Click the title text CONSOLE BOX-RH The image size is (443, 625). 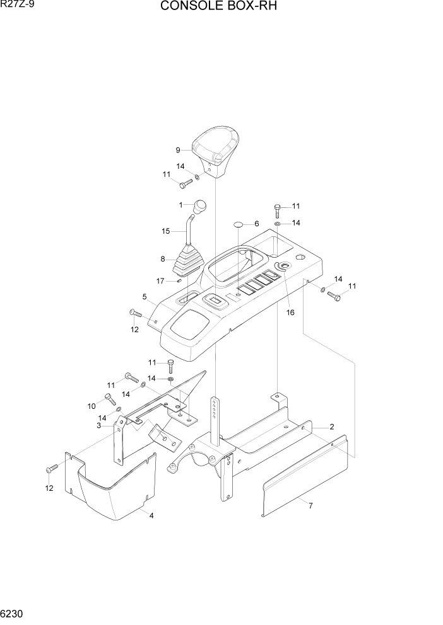tap(219, 7)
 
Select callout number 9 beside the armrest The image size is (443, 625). tap(178, 150)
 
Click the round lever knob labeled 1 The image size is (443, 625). tap(200, 206)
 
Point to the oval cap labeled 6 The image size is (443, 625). tap(239, 224)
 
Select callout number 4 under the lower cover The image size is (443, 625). tap(151, 515)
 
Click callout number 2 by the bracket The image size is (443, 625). tap(331, 427)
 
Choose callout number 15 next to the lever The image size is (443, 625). tap(166, 231)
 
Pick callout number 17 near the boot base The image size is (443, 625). tap(160, 281)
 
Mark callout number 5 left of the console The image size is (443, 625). tap(145, 296)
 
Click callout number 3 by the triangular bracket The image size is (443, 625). tap(99, 426)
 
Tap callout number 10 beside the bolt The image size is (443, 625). tap(91, 405)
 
